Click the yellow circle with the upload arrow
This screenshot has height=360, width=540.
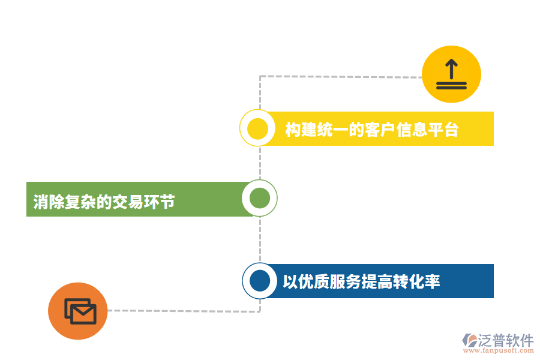point(451,74)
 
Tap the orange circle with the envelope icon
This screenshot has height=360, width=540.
point(78,311)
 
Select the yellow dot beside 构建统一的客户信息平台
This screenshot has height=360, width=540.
point(257,129)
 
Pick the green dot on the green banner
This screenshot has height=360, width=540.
point(259,199)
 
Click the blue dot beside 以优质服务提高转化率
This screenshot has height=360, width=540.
point(260,281)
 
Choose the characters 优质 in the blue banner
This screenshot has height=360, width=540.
point(314,281)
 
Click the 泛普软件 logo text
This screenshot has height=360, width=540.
point(505,340)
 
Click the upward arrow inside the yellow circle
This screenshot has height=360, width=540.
point(451,68)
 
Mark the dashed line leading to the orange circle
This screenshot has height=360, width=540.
point(180,311)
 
